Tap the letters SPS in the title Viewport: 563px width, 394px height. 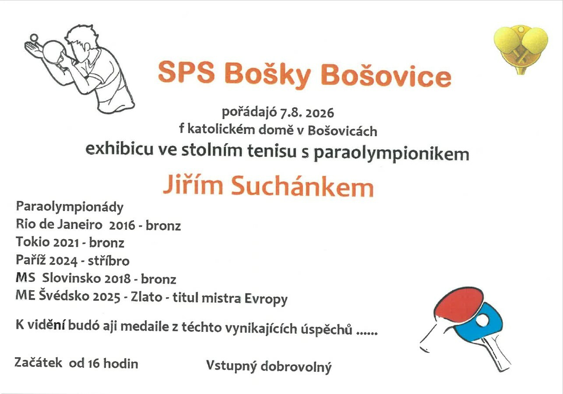click(186, 72)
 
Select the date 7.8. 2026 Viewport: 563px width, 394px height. click(307, 113)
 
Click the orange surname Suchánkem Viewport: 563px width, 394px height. click(303, 186)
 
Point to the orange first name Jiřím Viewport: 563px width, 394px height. click(193, 185)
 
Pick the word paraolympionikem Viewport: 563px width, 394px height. click(391, 154)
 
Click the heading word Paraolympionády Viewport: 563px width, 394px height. click(70, 208)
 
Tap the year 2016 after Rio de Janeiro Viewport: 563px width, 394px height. click(122, 225)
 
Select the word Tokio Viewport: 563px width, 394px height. click(33, 242)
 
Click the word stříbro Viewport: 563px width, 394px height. click(109, 260)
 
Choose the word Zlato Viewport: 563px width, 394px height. click(147, 297)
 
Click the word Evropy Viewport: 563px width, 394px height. click(266, 299)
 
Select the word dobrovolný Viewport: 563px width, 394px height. click(296, 367)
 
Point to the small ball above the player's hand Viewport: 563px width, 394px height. click(34, 38)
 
